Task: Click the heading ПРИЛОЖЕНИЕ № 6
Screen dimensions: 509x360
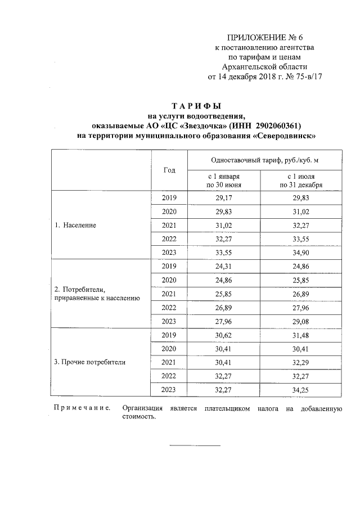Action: click(268, 38)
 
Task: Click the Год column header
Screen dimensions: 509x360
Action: click(169, 170)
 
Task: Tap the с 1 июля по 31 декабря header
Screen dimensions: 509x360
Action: click(301, 181)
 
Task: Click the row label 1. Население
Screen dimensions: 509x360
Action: click(75, 226)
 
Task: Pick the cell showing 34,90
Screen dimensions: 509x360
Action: click(301, 253)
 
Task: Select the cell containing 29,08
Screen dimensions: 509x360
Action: click(301, 321)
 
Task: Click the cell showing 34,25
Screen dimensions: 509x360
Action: click(301, 389)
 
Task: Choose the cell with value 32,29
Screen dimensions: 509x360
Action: click(301, 362)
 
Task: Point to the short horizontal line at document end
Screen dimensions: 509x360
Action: click(195, 445)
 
